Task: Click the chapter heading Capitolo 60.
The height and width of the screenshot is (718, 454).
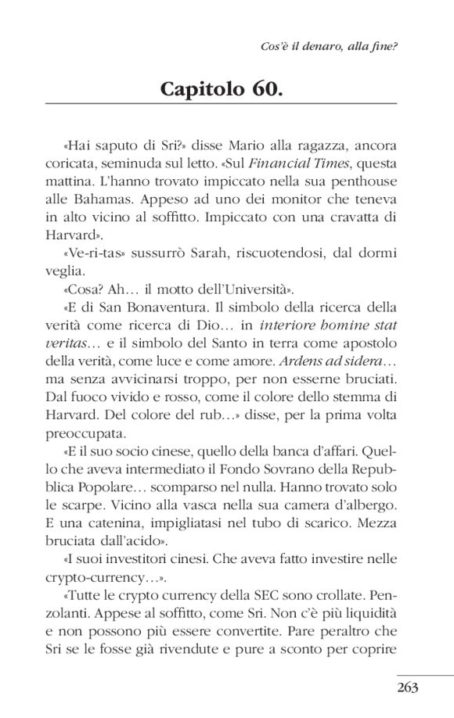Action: click(x=220, y=88)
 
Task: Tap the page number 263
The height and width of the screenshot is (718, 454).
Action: click(x=409, y=687)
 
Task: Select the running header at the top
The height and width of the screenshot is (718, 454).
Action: click(x=329, y=45)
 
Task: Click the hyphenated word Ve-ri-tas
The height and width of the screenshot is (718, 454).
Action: click(x=92, y=254)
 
